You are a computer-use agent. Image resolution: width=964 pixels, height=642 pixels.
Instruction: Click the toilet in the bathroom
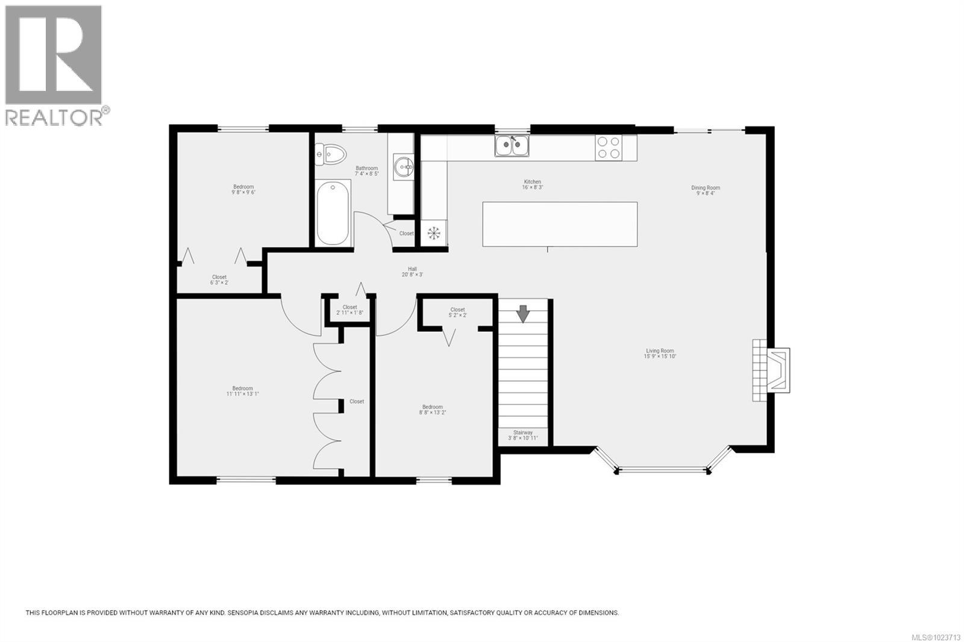[330, 154]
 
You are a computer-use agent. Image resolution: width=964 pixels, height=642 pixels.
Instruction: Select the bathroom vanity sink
[403, 166]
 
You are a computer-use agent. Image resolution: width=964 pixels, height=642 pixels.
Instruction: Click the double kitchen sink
[512, 146]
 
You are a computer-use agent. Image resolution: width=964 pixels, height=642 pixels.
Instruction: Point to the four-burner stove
[608, 148]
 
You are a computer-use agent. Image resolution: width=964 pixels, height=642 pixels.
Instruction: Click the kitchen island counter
[560, 224]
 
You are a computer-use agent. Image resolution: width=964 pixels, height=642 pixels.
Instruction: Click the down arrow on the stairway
[522, 313]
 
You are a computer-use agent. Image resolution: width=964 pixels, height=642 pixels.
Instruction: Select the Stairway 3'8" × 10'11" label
[522, 435]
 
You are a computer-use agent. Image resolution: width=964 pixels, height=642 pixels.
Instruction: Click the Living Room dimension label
[660, 354]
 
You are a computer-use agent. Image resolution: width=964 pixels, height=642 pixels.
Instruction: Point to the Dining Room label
[706, 190]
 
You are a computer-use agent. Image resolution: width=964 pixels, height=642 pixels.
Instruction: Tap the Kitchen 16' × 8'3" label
[532, 184]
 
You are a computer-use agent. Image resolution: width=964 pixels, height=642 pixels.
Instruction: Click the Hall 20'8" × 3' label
[412, 272]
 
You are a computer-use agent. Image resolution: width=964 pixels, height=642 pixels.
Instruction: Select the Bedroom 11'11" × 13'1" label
[243, 391]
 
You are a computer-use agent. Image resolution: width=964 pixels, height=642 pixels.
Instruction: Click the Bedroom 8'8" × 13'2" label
[433, 410]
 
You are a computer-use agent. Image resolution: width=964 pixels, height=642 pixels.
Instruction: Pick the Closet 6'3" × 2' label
[219, 279]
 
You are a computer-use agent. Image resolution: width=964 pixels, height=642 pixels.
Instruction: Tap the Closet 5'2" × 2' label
[457, 312]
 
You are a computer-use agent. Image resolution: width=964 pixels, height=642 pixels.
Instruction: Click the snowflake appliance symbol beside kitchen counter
[434, 233]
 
